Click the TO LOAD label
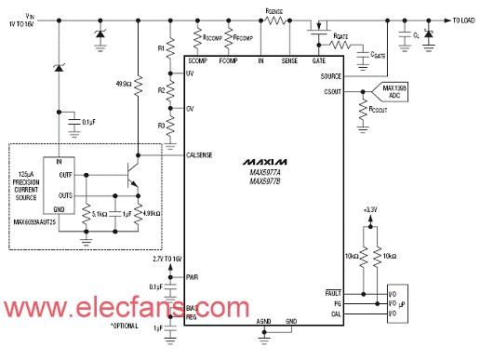[x=458, y=18]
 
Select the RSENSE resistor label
[x=274, y=9]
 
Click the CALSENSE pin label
[x=204, y=154]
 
